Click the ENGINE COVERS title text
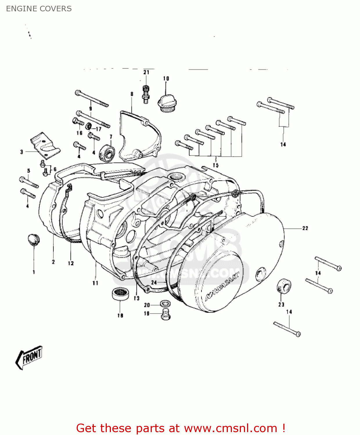[39, 9]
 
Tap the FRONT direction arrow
[29, 357]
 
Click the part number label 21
[146, 72]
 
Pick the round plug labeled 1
[33, 240]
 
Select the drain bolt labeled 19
[165, 315]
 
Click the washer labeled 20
[165, 304]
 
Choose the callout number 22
[305, 229]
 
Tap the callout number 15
[215, 165]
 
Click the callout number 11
[95, 283]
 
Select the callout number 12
[71, 263]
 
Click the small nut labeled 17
[89, 126]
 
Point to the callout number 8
[132, 94]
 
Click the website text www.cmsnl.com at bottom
[231, 428]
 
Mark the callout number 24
[154, 282]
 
